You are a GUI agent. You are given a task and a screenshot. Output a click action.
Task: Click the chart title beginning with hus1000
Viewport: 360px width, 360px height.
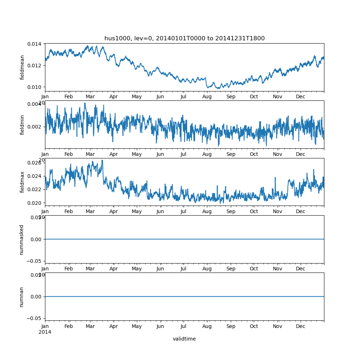184,39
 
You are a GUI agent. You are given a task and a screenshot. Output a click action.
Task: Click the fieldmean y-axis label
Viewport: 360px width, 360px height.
22,67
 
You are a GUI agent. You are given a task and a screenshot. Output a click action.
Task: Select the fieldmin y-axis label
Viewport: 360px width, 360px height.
22,125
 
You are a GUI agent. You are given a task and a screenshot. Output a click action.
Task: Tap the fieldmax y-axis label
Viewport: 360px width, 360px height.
22,182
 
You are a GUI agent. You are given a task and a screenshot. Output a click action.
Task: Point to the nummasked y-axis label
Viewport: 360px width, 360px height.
22,239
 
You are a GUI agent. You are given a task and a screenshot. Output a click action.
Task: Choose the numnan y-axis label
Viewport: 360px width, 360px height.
22,297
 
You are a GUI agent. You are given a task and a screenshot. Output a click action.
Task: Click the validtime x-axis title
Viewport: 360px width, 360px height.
184,339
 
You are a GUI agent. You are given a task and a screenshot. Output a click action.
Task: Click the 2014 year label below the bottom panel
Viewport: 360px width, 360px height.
45,332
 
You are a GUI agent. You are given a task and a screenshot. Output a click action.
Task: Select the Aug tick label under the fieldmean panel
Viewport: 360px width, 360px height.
207,97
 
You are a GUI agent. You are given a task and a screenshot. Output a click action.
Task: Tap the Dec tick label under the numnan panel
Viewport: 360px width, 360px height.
301,327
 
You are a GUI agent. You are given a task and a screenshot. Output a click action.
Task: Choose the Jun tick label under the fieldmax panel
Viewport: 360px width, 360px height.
160,212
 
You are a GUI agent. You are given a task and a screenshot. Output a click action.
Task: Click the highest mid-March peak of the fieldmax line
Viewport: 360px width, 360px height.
102,161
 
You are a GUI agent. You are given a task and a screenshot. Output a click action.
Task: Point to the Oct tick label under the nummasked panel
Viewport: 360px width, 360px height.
254,269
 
